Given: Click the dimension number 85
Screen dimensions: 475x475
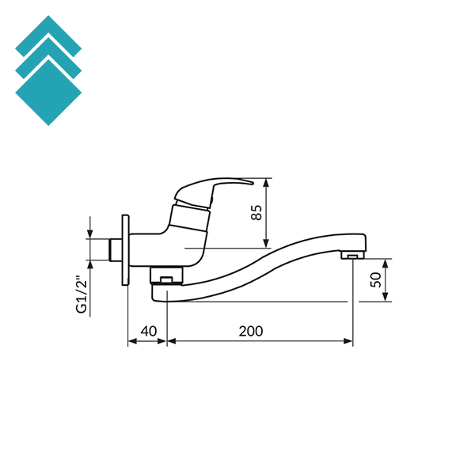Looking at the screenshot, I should click(x=256, y=212).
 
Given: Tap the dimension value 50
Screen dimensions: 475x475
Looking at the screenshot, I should click(x=376, y=279).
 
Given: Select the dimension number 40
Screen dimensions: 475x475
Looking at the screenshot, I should click(x=147, y=330).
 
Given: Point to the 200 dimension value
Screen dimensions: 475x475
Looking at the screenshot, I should click(x=250, y=330).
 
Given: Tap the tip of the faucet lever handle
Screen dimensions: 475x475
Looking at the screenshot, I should click(x=252, y=181).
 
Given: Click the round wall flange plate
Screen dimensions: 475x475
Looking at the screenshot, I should click(x=124, y=249).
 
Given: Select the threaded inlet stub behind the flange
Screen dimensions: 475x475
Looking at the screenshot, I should click(x=114, y=249).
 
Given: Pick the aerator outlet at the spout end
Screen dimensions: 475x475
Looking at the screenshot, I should click(x=352, y=256).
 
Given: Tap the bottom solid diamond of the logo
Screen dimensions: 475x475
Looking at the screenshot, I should click(x=48, y=93).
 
